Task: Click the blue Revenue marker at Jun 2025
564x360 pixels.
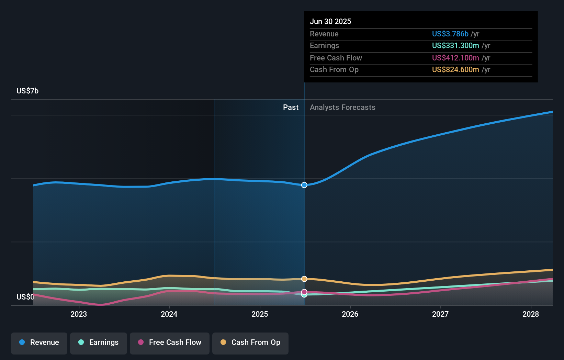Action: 304,185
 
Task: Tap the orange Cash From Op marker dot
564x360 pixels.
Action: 304,279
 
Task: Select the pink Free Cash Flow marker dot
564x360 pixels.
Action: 304,292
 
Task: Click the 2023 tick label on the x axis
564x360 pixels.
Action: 79,314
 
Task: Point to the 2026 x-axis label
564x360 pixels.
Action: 350,314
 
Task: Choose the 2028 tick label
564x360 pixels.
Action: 531,314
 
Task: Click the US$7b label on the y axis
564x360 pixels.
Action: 27,91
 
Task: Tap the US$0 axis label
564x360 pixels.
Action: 25,297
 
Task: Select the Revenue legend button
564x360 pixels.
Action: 39,342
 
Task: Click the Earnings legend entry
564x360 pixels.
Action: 99,342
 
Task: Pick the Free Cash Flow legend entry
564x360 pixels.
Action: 170,342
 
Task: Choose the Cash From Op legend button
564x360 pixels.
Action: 250,342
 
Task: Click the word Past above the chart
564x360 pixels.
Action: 291,108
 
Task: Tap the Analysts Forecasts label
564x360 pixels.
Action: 342,108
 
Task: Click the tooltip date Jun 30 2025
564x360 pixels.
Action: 330,22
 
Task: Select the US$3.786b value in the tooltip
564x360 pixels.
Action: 450,34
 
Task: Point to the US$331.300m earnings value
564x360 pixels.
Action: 455,46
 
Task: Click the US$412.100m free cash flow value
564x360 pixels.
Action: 455,58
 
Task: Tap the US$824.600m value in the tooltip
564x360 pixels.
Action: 455,70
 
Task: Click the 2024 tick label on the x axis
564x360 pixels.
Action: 169,314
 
